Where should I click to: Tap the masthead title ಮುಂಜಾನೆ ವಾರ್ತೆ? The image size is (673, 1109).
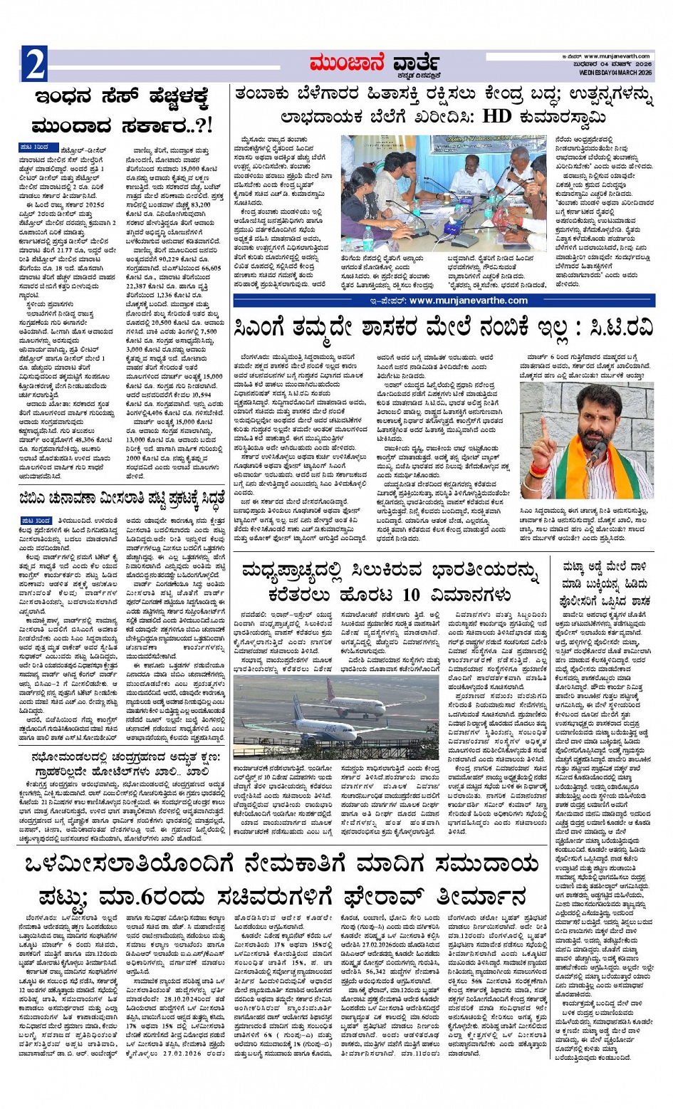click(x=375, y=65)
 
